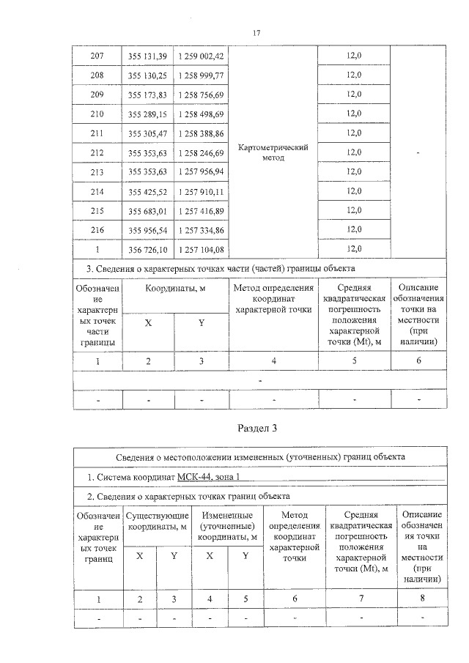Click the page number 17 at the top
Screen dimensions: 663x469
pyautogui.click(x=256, y=33)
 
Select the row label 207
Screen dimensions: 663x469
pyautogui.click(x=97, y=56)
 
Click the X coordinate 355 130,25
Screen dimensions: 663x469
pyautogui.click(x=147, y=75)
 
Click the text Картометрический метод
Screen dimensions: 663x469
pyautogui.click(x=273, y=152)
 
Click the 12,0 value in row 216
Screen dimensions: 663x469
pyautogui.click(x=354, y=229)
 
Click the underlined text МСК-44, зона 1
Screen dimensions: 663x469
pyautogui.click(x=210, y=477)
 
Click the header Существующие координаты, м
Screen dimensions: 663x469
pyautogui.click(x=155, y=522)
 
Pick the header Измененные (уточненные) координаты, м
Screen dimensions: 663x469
pyautogui.click(x=227, y=527)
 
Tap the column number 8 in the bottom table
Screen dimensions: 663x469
pyautogui.click(x=421, y=600)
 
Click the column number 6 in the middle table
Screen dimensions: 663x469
pyautogui.click(x=419, y=360)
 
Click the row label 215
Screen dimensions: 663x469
pyautogui.click(x=97, y=210)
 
